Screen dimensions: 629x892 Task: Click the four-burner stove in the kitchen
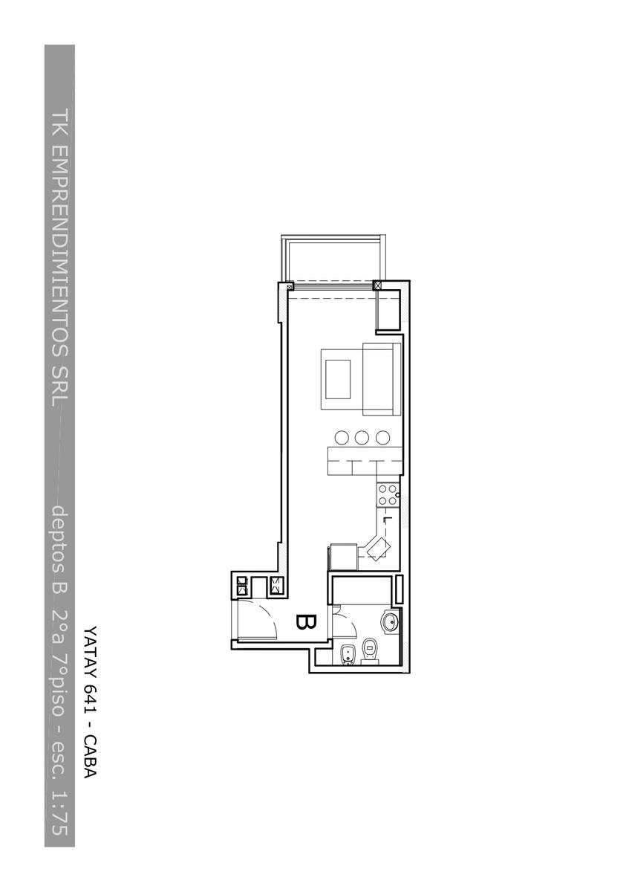coord(388,495)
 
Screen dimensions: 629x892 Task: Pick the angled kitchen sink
coord(377,547)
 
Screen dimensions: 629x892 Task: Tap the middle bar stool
coord(361,438)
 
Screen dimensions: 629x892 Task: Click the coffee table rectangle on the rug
coord(338,379)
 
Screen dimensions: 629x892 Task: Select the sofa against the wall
coord(382,379)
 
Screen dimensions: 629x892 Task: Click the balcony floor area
coord(333,261)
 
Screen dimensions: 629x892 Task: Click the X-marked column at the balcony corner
coord(377,285)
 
